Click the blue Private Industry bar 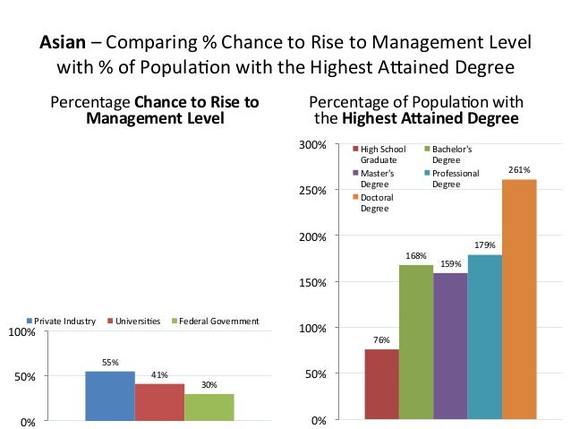[109, 395]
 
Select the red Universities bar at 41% [159, 401]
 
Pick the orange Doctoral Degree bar [519, 299]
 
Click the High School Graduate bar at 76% [381, 384]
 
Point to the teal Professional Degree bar [484, 337]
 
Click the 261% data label [519, 169]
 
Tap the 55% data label [110, 363]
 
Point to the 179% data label [484, 245]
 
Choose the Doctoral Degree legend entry [376, 202]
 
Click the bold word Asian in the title [61, 42]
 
